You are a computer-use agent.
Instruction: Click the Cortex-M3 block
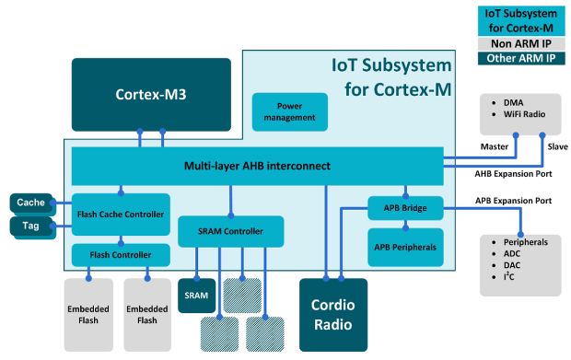(151, 95)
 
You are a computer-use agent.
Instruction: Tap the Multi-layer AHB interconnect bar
(257, 167)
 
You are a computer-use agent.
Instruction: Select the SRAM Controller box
(230, 231)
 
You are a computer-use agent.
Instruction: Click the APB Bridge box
(405, 209)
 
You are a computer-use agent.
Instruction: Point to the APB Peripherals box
(405, 247)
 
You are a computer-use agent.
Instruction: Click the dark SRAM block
(196, 296)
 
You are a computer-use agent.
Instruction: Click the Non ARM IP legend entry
(519, 42)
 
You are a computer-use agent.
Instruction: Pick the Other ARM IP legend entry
(519, 59)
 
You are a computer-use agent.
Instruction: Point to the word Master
(495, 145)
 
